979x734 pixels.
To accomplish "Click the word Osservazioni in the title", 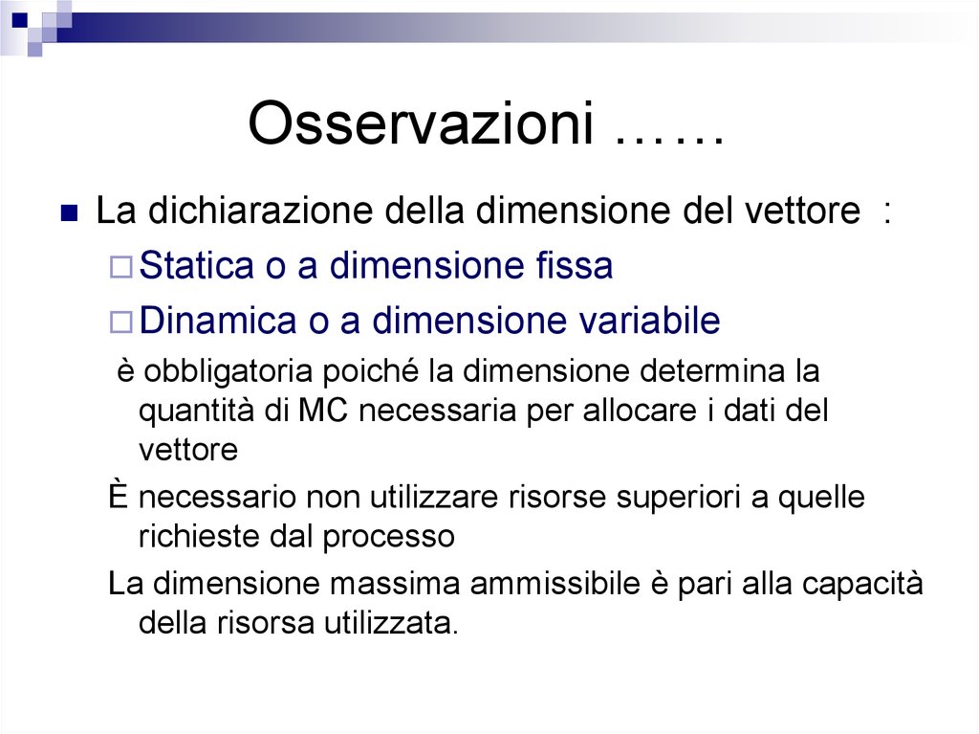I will [420, 123].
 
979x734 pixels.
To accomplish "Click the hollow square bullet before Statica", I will [120, 268].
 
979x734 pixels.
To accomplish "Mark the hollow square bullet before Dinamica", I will [120, 323].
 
